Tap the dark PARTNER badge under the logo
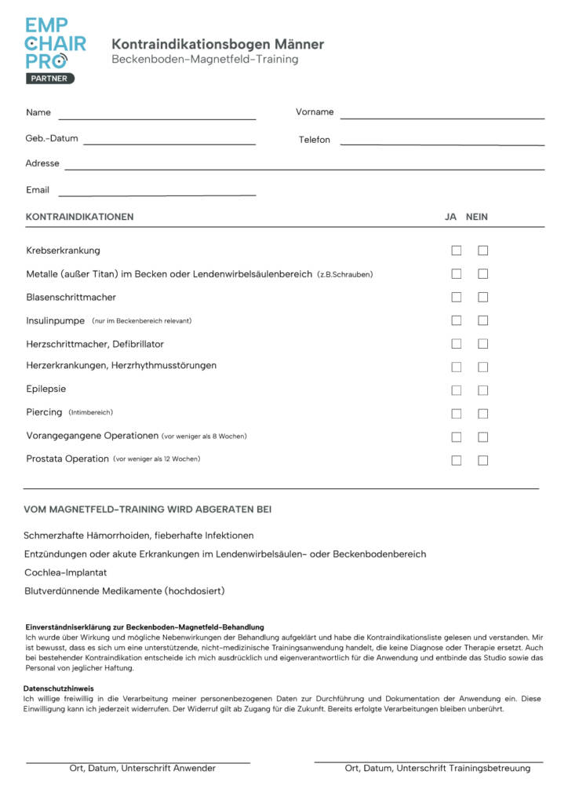click(49, 79)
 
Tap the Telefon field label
click(314, 140)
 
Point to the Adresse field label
click(42, 163)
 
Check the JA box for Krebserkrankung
click(457, 250)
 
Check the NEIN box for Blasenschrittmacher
click(483, 298)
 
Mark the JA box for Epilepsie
click(457, 390)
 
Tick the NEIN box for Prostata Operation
click(483, 460)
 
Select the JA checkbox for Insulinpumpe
click(457, 320)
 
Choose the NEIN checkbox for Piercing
click(483, 414)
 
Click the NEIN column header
click(476, 217)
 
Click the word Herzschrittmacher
click(66, 344)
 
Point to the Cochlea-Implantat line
click(65, 573)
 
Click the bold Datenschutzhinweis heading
click(60, 689)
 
